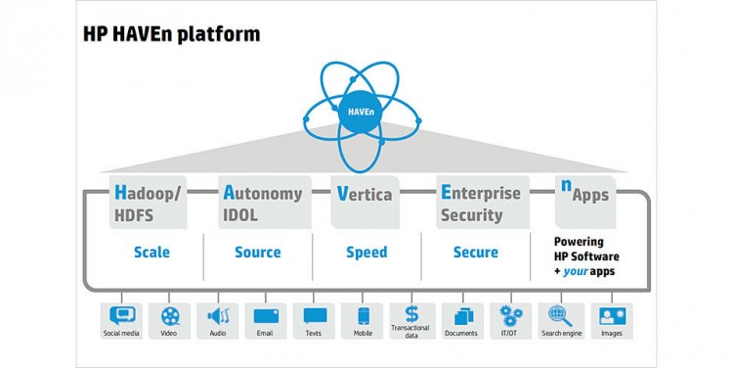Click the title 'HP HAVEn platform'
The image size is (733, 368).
(x=172, y=35)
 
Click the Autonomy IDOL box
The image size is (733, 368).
(x=262, y=202)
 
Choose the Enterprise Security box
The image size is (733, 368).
(x=482, y=202)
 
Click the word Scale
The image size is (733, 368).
(x=151, y=253)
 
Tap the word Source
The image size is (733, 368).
(x=258, y=253)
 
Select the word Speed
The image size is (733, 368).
(x=366, y=253)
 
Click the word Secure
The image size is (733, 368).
(x=476, y=253)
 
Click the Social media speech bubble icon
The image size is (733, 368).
(x=122, y=316)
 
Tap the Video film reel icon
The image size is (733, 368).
(x=171, y=316)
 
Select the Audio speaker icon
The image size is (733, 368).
(x=218, y=316)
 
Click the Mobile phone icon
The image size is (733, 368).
(x=364, y=316)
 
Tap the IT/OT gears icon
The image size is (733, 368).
(x=509, y=316)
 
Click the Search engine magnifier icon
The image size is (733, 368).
(x=558, y=316)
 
